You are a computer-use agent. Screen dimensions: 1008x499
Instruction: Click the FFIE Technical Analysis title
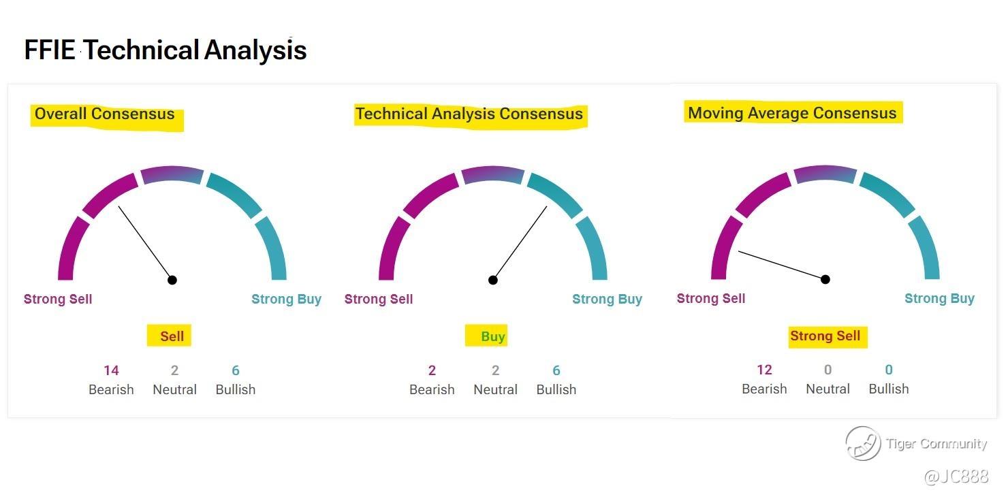tap(165, 50)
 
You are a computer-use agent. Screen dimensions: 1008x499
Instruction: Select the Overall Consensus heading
tap(104, 114)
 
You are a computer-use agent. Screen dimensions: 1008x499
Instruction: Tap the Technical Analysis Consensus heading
tap(469, 114)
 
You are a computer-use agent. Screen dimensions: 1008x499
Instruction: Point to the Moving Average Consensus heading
tap(792, 113)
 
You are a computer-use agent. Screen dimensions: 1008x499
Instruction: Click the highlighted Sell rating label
tap(172, 336)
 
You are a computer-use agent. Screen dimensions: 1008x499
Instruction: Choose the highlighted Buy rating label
tap(492, 336)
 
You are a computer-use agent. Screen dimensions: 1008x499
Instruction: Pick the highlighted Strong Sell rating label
tap(825, 336)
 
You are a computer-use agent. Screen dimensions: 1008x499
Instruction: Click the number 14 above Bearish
tap(111, 370)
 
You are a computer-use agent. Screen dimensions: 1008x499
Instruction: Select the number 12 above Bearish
tap(764, 370)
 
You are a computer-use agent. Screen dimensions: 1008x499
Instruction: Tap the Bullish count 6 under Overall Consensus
tap(236, 370)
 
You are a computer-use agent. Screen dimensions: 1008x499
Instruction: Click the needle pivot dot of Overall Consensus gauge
tap(172, 280)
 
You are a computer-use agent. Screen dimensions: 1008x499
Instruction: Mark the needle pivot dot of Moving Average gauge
tap(825, 279)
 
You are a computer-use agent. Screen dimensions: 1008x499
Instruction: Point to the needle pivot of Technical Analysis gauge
tap(492, 280)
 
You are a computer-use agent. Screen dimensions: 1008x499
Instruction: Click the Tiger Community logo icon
tap(863, 443)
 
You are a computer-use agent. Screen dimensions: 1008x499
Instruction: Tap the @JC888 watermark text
tap(956, 476)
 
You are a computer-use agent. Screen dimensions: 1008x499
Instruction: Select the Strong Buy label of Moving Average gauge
tap(939, 298)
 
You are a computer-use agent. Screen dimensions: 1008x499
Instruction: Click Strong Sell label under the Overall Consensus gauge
tap(58, 300)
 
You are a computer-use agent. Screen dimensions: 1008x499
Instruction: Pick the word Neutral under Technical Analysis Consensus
tap(495, 389)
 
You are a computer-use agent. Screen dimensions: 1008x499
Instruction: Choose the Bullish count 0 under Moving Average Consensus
tap(889, 370)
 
